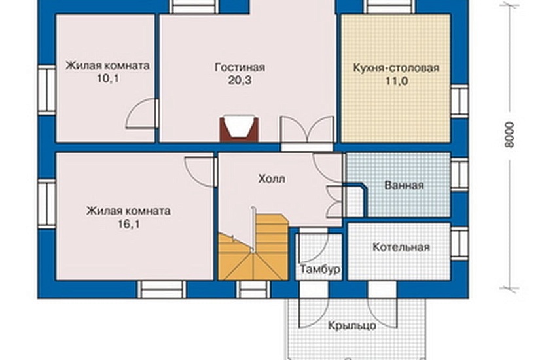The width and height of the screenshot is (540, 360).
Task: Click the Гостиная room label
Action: coord(239,67)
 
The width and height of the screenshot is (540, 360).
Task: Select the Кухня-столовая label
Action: coord(395,67)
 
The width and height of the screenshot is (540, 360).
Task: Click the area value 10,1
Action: coord(107,79)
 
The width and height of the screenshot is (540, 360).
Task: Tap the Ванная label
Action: coord(404,185)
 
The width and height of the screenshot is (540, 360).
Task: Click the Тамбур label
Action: coord(319,269)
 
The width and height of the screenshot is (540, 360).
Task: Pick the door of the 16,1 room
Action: coord(200,171)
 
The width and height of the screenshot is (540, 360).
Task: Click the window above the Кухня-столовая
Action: coord(389,7)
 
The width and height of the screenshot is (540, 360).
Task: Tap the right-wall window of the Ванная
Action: coord(460,175)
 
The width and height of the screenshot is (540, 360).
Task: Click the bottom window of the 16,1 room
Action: coord(161,289)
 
